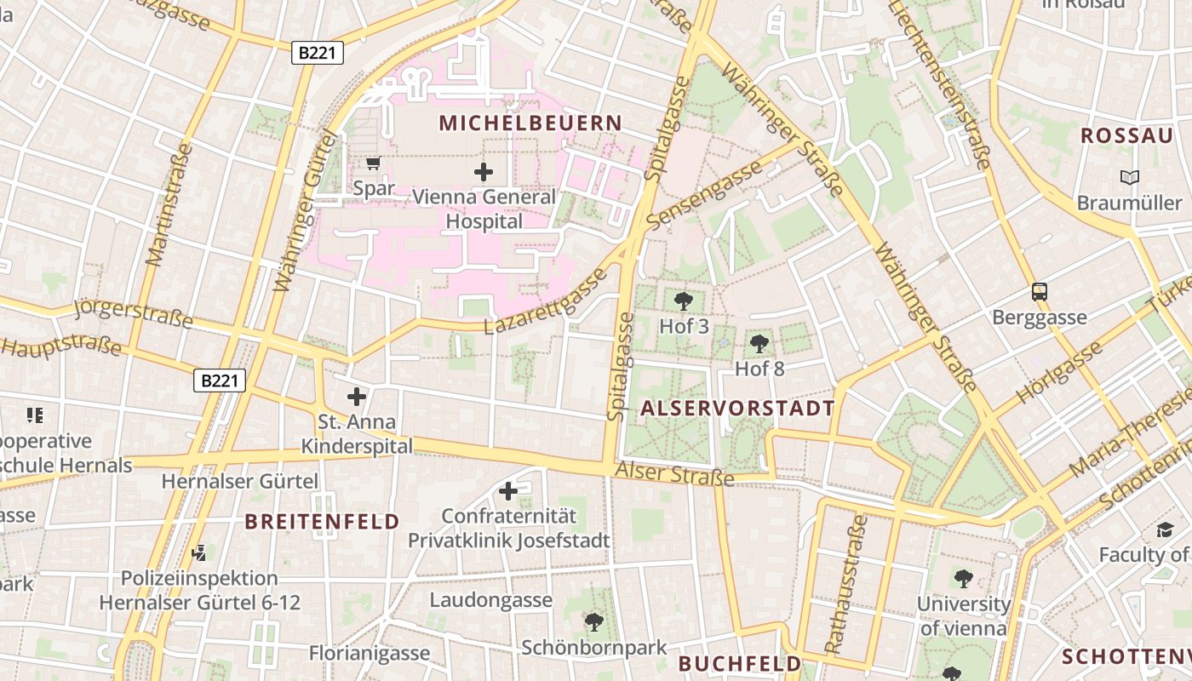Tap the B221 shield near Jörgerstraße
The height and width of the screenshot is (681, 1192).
[220, 381]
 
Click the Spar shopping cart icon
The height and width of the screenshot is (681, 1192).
[373, 163]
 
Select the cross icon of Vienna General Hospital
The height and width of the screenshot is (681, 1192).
[484, 172]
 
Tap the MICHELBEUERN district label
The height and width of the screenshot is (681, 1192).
[530, 123]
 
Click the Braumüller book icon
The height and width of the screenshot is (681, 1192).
[1129, 177]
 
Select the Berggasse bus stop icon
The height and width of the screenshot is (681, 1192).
[1040, 292]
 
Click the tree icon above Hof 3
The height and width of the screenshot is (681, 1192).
[683, 300]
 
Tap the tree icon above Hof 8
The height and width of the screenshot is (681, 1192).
[759, 344]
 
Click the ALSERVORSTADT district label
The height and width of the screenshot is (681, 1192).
[737, 409]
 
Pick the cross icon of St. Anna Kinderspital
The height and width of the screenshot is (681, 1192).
[357, 396]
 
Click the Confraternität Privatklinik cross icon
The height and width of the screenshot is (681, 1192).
[508, 490]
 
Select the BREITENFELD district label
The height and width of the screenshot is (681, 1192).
[322, 522]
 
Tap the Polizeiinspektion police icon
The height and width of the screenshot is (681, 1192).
[199, 553]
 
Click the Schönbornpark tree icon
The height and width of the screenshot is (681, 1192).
[594, 622]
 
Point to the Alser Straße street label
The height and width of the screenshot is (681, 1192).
[674, 474]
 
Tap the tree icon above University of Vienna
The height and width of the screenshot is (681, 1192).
[963, 579]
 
